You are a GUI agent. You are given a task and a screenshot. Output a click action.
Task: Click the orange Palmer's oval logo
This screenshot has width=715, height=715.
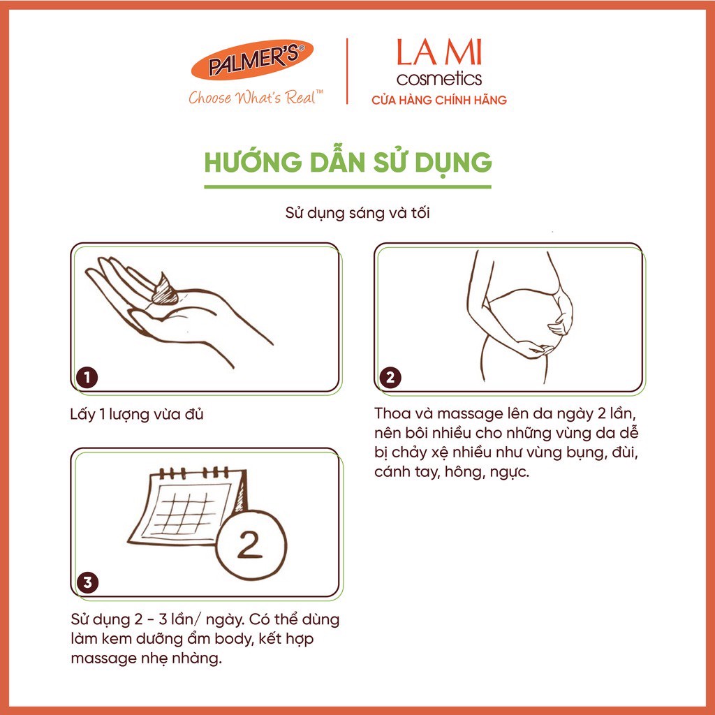(x=252, y=60)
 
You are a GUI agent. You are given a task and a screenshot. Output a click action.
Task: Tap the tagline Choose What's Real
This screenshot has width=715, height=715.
(x=256, y=97)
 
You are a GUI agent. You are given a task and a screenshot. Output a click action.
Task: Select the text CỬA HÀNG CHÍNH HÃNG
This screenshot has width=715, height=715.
(x=439, y=101)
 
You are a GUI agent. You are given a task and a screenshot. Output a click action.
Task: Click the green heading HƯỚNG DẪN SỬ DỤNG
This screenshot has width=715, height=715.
(x=348, y=162)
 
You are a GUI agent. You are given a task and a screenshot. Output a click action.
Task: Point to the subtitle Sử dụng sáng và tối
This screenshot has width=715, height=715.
(x=357, y=213)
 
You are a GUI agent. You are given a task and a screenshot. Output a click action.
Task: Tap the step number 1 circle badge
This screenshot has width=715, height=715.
(x=87, y=378)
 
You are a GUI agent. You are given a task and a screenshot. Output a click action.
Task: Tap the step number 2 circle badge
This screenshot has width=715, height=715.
(x=390, y=378)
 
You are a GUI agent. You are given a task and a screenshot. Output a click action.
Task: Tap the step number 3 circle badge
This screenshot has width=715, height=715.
(x=87, y=582)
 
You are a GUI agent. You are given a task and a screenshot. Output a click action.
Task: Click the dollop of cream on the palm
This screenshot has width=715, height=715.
(x=163, y=289)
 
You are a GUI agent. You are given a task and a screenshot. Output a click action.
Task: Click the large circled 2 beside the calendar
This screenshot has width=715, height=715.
(x=251, y=545)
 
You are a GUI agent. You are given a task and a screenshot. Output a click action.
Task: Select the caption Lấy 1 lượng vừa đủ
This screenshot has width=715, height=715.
(x=137, y=415)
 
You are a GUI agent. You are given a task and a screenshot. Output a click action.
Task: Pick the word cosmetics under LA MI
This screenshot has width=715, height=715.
(x=439, y=78)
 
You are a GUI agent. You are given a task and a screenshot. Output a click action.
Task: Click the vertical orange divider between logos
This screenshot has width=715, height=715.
(x=348, y=71)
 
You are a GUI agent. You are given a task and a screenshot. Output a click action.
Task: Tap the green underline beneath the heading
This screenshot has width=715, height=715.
(x=348, y=187)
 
